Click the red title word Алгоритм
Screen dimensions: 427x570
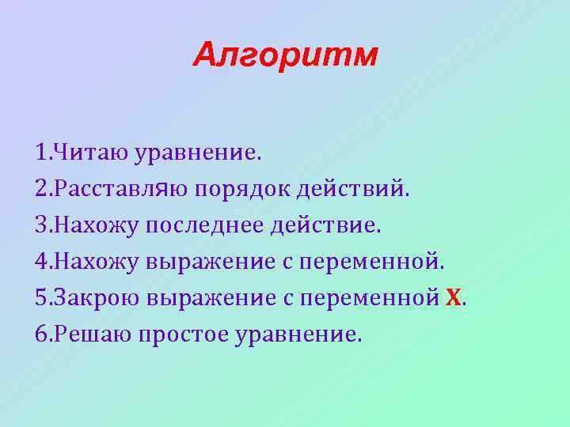(x=285, y=55)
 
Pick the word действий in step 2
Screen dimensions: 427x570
(x=354, y=189)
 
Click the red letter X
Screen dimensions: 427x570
(x=453, y=298)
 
